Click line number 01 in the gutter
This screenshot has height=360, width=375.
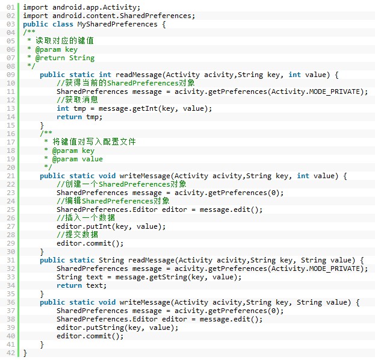point(10,7)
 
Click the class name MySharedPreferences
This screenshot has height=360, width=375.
point(117,24)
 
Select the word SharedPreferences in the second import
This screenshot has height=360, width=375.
point(155,16)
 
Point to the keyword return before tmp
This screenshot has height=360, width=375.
point(69,117)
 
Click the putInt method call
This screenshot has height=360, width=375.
point(99,226)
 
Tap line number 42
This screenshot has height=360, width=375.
point(10,353)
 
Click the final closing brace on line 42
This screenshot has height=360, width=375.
point(25,353)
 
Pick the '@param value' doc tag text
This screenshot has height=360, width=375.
point(78,159)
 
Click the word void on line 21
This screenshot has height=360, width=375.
point(107,176)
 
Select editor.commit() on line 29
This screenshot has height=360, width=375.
point(90,243)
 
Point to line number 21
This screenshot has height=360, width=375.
point(10,176)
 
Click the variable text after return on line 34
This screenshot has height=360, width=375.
point(95,285)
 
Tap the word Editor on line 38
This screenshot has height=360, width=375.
point(145,319)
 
